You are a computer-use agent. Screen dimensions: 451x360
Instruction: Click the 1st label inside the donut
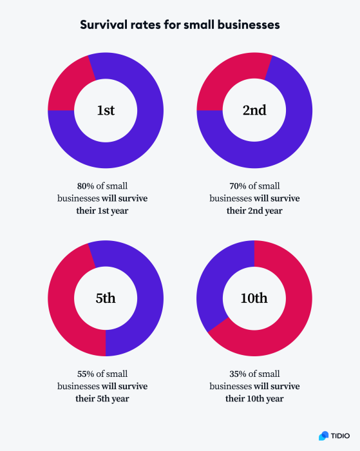click(106, 110)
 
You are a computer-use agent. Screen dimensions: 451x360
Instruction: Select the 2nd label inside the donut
click(254, 110)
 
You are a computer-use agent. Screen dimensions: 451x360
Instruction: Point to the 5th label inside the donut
click(106, 298)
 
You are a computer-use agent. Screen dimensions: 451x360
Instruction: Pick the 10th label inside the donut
click(254, 298)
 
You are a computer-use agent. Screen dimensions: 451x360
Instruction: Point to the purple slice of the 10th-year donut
click(216, 283)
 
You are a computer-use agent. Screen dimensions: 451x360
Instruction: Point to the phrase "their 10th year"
click(254, 399)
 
